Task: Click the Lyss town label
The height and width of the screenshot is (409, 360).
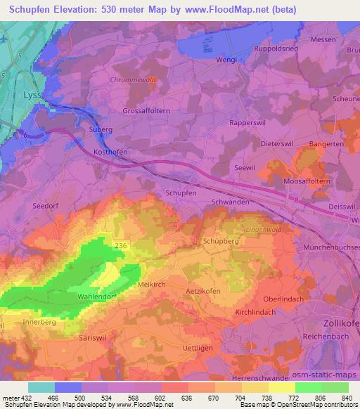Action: click(32, 94)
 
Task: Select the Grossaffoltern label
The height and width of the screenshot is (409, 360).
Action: click(146, 111)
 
